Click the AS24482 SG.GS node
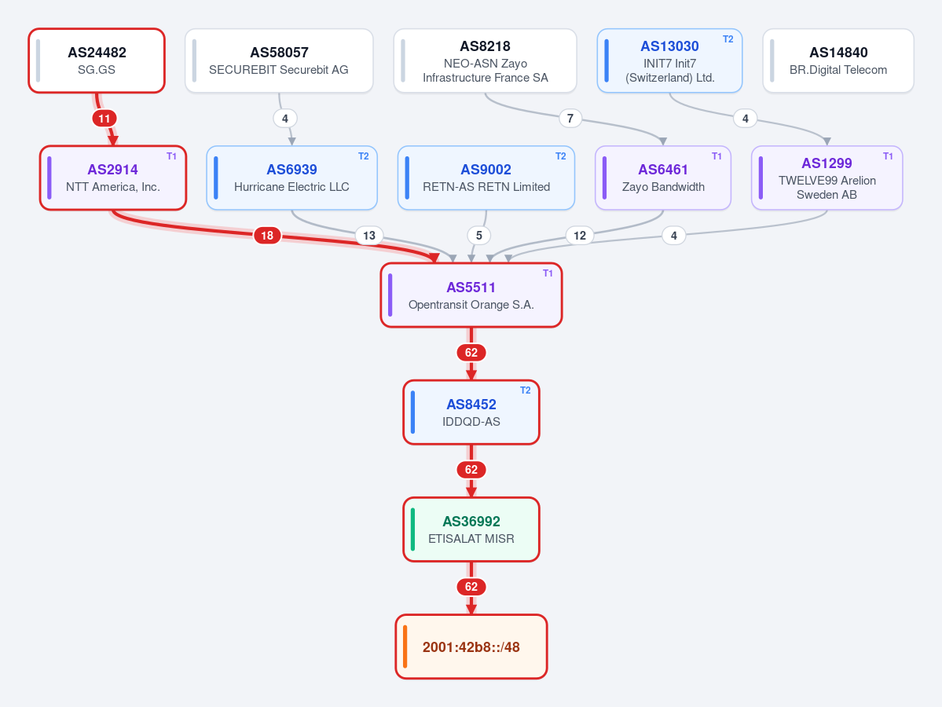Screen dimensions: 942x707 click(97, 60)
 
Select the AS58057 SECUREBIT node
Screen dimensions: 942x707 click(279, 60)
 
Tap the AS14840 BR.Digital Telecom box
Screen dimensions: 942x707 click(838, 60)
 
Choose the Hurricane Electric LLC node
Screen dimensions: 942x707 click(292, 178)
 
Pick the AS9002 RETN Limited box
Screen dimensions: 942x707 click(486, 178)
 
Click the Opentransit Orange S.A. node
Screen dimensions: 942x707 click(471, 295)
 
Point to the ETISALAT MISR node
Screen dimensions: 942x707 click(471, 529)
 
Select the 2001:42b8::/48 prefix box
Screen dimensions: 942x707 click(471, 647)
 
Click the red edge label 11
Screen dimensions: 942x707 click(104, 119)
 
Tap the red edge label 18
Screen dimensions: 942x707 click(267, 236)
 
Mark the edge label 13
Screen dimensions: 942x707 click(369, 236)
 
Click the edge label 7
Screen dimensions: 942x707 click(570, 119)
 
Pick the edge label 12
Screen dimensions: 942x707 click(580, 236)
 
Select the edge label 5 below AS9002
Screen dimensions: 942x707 click(478, 236)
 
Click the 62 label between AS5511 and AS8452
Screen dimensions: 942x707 click(471, 353)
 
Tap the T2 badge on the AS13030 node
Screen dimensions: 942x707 click(728, 39)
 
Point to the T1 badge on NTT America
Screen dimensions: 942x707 click(171, 156)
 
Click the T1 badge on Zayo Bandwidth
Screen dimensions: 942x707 click(717, 156)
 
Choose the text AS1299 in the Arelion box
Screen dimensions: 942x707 click(827, 163)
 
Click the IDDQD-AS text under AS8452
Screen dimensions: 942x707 click(471, 422)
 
